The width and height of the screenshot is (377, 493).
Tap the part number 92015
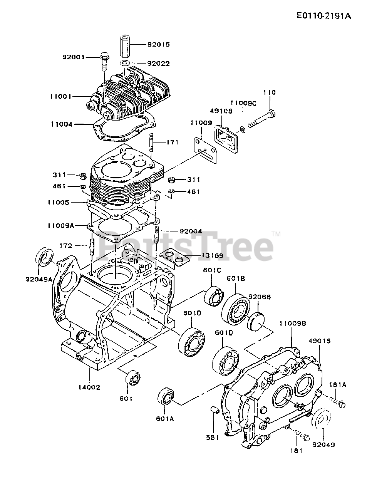(158, 44)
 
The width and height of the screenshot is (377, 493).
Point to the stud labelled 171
(152, 143)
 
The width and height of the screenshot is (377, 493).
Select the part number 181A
(337, 384)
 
